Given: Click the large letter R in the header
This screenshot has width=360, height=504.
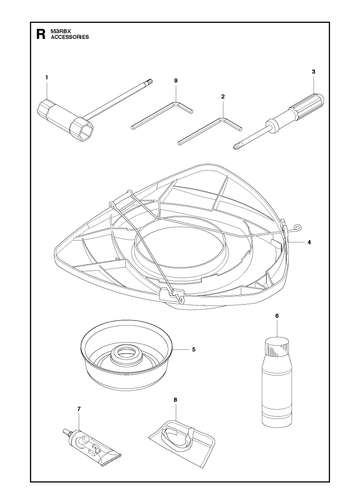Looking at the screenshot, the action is (40, 34).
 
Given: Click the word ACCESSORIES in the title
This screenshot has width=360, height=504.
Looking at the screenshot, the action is (70, 37).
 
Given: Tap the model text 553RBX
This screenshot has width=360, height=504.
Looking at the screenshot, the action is (59, 31).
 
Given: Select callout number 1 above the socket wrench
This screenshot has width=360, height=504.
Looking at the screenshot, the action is (47, 77).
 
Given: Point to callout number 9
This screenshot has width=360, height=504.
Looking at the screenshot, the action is (176, 81).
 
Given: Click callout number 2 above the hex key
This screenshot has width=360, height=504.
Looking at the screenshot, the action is (223, 97).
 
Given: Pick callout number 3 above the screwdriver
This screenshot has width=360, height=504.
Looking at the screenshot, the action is (314, 72).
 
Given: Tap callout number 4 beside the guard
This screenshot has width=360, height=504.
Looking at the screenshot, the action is (309, 242).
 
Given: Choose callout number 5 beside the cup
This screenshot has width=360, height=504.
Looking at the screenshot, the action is (194, 349).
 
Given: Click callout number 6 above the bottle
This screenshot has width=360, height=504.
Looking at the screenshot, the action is (277, 316).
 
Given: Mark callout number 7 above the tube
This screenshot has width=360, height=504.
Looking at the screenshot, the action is (79, 409).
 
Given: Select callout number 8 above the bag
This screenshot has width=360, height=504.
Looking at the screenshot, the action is (175, 400).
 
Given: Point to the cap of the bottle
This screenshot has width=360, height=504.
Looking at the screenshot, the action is (277, 345).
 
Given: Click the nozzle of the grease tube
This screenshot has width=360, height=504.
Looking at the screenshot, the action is (66, 432).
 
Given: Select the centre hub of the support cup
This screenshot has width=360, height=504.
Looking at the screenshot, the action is (126, 354).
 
